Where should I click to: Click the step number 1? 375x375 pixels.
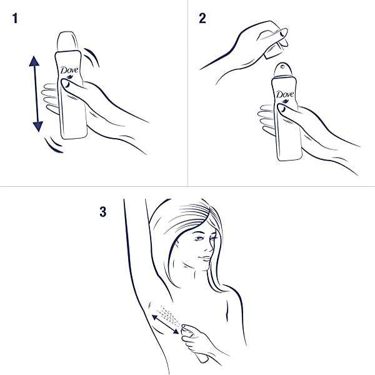(x=15, y=18)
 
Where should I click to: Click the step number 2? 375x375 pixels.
(x=202, y=18)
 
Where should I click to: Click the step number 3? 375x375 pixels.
(x=103, y=212)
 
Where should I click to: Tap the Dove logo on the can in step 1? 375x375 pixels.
(x=69, y=70)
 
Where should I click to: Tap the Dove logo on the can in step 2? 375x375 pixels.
(x=285, y=94)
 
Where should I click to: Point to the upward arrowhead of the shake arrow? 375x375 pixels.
(x=34, y=61)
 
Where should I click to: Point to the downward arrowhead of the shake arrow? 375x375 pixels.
(x=37, y=126)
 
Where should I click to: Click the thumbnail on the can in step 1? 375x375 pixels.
(x=66, y=84)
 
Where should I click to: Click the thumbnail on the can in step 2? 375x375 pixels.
(x=281, y=108)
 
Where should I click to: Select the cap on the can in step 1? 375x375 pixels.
(x=68, y=41)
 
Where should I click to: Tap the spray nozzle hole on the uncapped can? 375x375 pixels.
(x=283, y=66)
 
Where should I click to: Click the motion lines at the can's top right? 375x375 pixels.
(x=92, y=56)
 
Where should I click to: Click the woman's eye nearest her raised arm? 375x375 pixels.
(x=198, y=238)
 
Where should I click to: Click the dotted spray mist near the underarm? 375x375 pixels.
(x=169, y=314)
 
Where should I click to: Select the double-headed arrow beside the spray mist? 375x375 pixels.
(x=166, y=324)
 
